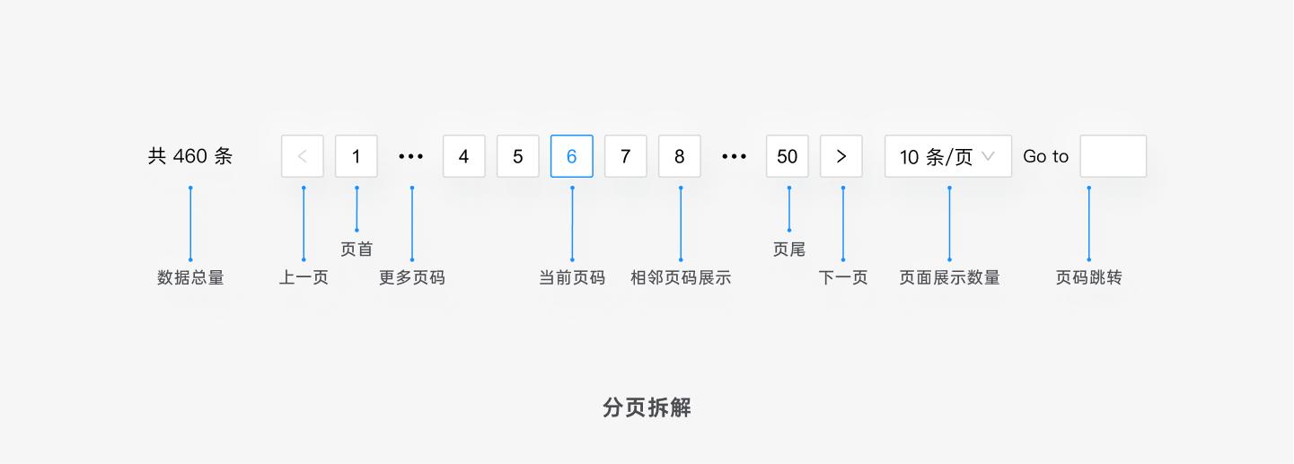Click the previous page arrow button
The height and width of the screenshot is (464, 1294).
pos(303,156)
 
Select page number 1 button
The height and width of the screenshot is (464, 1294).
pos(357,156)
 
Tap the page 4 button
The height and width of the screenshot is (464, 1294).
pos(464,156)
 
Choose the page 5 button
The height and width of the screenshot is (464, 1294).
pos(518,156)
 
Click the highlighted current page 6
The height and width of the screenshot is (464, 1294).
pos(572,156)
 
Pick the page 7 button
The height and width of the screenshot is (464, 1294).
pos(626,156)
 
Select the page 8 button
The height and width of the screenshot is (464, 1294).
pos(680,156)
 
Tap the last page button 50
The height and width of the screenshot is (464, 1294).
pos(788,156)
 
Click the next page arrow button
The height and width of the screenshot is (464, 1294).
pos(841,156)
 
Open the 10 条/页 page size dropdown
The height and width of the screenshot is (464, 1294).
pos(948,156)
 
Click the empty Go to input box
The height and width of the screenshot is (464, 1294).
pos(1114,156)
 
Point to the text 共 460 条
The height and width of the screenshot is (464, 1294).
pos(190,156)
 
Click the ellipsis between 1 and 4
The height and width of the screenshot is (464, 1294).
pos(410,156)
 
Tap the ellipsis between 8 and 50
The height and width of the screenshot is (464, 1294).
pos(734,156)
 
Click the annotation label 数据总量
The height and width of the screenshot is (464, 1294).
pos(190,277)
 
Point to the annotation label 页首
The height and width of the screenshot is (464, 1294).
pos(357,249)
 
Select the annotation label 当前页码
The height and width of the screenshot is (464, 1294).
pos(572,277)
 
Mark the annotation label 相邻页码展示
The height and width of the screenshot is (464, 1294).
pos(681,277)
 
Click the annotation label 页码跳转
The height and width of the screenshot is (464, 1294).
pos(1089,277)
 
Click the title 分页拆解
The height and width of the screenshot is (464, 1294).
pos(647,407)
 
